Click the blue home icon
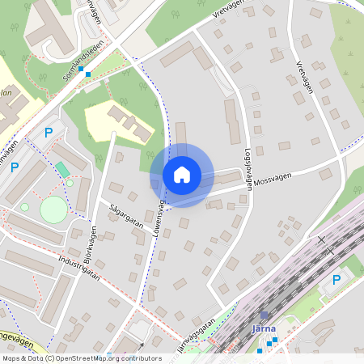click(x=182, y=174)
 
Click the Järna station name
click(x=265, y=328)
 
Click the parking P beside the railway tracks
click(x=336, y=280)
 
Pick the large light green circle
click(x=53, y=210)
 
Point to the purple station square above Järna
click(x=265, y=315)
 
